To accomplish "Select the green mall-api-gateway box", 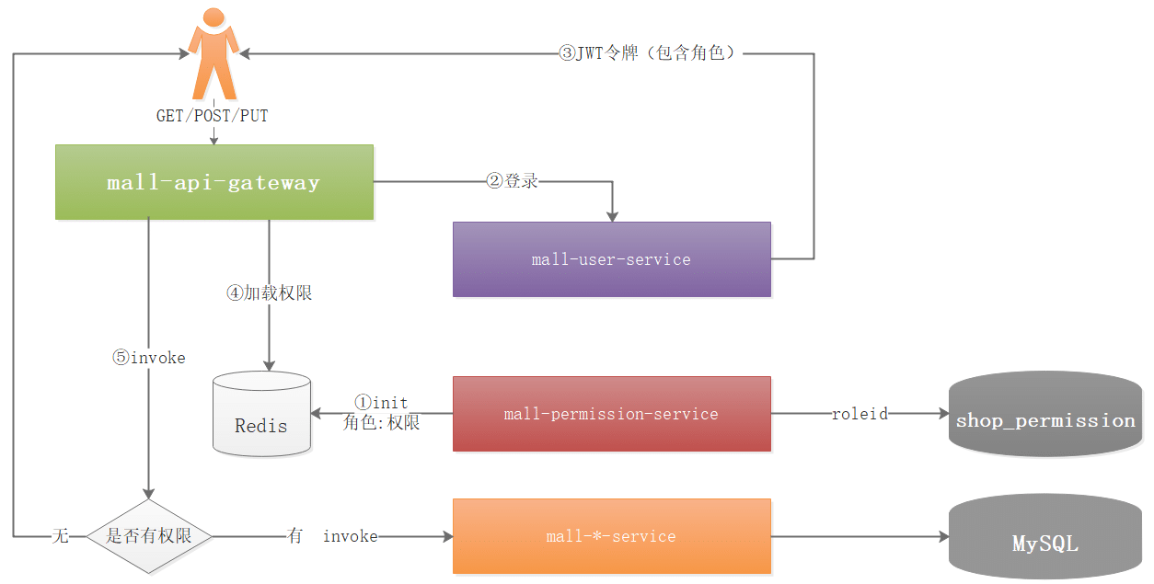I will pyautogui.click(x=214, y=182).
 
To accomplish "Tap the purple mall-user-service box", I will pyautogui.click(x=611, y=259).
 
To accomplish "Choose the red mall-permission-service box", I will pyautogui.click(x=611, y=414).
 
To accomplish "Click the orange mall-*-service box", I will pyautogui.click(x=611, y=536).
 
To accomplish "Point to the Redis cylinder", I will pyautogui.click(x=261, y=416).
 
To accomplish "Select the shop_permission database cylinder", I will pyautogui.click(x=1045, y=416).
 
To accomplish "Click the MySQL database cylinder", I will pyautogui.click(x=1045, y=540).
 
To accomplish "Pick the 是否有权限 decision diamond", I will pyautogui.click(x=148, y=536).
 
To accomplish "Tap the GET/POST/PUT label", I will pyautogui.click(x=213, y=117).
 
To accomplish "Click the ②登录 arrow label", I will pyautogui.click(x=513, y=181).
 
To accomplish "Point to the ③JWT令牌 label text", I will pyautogui.click(x=648, y=53).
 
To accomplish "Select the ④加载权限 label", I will pyautogui.click(x=269, y=293).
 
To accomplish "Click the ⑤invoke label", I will pyautogui.click(x=148, y=358).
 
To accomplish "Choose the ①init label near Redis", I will pyautogui.click(x=381, y=403).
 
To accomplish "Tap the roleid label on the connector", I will pyautogui.click(x=860, y=414).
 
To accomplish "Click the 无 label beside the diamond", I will pyautogui.click(x=60, y=536).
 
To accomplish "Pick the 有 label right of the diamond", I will pyautogui.click(x=294, y=536).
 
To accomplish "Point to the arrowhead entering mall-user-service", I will pyautogui.click(x=612, y=215).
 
